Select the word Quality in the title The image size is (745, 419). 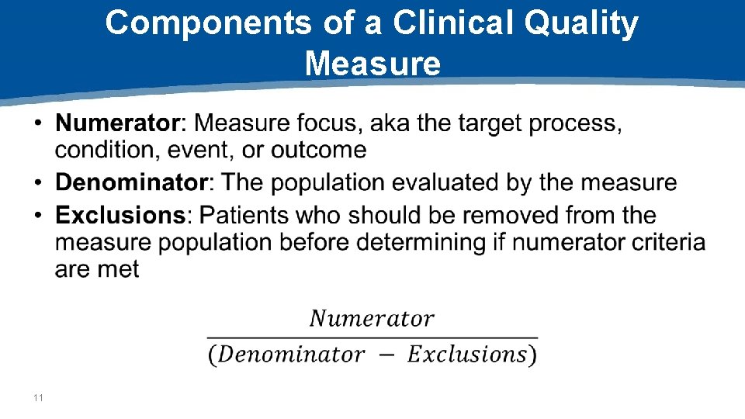[581, 24]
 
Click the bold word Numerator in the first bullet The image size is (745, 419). [117, 123]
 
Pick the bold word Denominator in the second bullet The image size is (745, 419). [131, 183]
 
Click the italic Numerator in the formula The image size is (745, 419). [372, 319]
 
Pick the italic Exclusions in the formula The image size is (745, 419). [466, 355]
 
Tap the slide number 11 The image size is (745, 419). [39, 398]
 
